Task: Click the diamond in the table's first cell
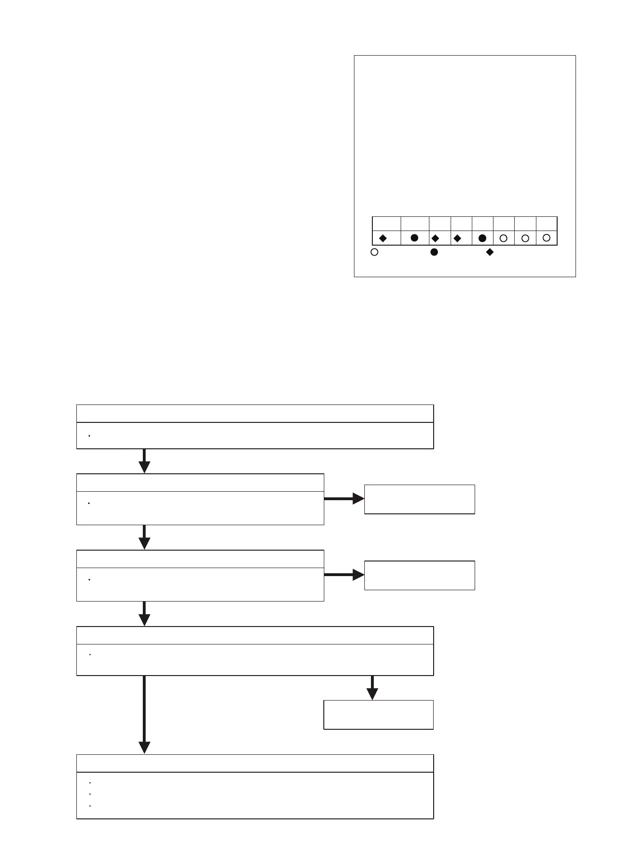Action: (383, 239)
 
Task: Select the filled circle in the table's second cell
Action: (414, 238)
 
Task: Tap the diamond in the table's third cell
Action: (435, 239)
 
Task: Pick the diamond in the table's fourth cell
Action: (457, 239)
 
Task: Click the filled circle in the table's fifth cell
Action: (482, 239)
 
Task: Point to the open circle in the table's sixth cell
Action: (503, 239)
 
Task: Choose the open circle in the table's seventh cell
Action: (525, 239)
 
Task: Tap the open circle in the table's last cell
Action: (546, 238)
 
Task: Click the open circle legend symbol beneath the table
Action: (374, 252)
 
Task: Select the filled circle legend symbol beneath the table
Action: (434, 252)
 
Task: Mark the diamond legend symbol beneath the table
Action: (490, 252)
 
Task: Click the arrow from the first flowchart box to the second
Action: (144, 461)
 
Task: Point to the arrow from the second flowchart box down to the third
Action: (144, 537)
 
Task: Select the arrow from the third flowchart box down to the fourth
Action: (144, 613)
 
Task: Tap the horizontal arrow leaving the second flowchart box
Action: (344, 498)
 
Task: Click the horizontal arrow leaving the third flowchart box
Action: (344, 575)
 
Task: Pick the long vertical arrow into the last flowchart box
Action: (144, 714)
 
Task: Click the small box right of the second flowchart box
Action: (419, 499)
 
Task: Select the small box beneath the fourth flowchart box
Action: (378, 715)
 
